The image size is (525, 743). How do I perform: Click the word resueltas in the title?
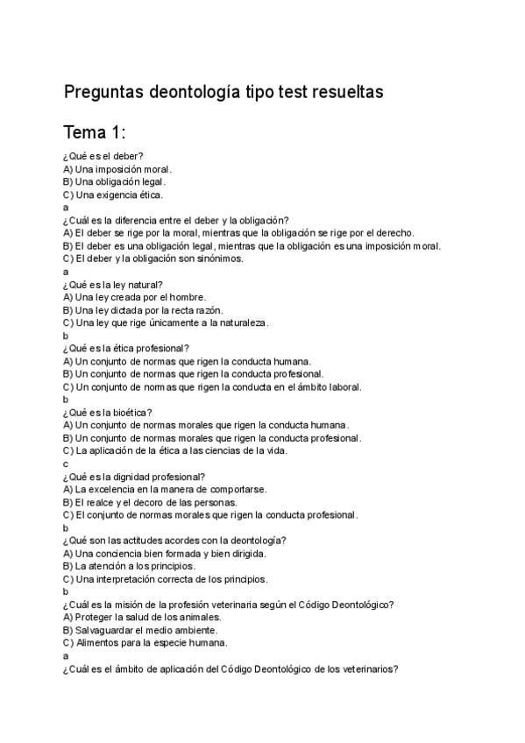click(x=342, y=93)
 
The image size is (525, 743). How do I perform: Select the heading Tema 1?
click(x=96, y=133)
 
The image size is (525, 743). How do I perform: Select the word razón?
click(x=206, y=309)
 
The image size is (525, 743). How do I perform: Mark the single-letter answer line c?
click(x=66, y=463)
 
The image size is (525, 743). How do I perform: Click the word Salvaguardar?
click(x=109, y=630)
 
